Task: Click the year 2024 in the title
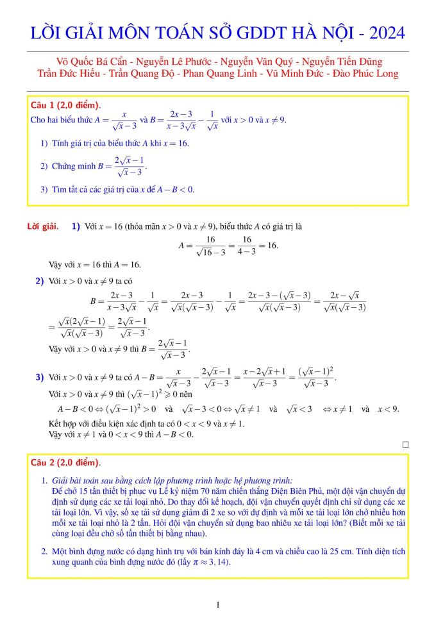(383, 33)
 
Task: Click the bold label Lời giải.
(42, 226)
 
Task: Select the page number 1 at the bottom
(218, 605)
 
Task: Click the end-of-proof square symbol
(405, 444)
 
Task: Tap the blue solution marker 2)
(39, 280)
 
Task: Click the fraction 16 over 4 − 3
(247, 246)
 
